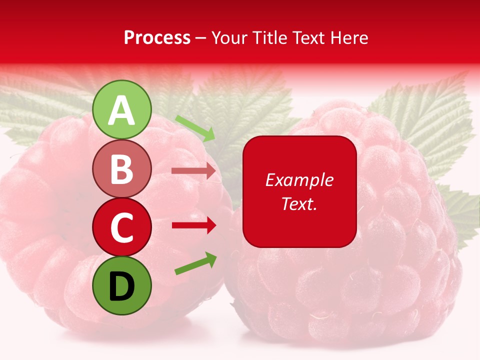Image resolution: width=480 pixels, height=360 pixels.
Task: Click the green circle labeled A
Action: (121, 109)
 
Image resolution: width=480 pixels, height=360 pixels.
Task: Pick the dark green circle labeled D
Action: (121, 285)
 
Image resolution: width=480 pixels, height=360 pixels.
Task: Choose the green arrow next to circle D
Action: (195, 263)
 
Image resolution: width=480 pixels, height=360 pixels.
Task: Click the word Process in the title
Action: (157, 37)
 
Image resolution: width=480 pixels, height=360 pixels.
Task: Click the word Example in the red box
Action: (299, 180)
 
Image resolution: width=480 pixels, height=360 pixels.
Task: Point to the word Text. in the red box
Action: (299, 203)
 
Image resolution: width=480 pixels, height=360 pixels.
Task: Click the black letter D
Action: (121, 286)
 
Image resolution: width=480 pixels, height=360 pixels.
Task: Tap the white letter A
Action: (121, 110)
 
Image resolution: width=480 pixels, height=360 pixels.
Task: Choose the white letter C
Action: (121, 227)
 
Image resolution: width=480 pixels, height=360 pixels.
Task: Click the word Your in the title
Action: (229, 37)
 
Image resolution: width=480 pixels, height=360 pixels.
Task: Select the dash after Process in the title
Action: (201, 38)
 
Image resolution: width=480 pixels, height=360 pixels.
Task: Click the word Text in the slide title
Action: (307, 37)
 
